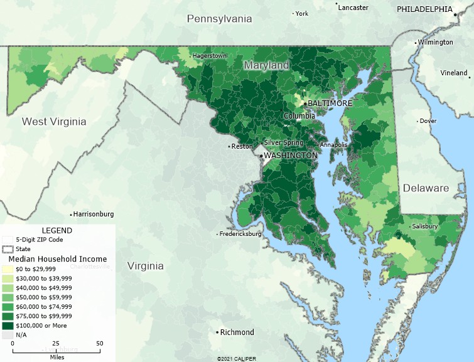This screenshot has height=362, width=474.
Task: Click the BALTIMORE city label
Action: (330, 103)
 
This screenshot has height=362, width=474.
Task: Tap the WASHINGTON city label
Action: (290, 155)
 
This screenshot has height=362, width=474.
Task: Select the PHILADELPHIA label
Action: (424, 9)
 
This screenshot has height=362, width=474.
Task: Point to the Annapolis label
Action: (333, 145)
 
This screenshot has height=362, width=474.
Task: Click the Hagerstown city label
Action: (210, 56)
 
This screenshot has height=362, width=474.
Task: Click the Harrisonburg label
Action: (94, 214)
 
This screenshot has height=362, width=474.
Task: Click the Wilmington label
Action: (436, 42)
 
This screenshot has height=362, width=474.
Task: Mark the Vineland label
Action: (454, 73)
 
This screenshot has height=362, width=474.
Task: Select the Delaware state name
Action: (426, 188)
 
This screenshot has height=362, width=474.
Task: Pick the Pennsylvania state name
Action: (219, 19)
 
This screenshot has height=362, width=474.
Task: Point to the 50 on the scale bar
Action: (99, 344)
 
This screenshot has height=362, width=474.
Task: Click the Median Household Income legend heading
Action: (57, 258)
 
